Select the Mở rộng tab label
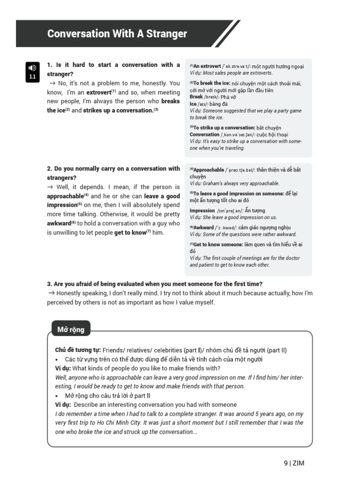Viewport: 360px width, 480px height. click(x=71, y=330)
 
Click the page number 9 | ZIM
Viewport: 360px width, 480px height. click(x=294, y=463)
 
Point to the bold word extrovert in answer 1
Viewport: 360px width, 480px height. click(x=98, y=92)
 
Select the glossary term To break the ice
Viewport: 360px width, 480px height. click(x=211, y=83)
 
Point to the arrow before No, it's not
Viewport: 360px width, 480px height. click(x=52, y=83)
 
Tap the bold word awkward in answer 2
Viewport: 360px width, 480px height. click(x=58, y=224)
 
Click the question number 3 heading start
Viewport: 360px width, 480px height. click(x=49, y=284)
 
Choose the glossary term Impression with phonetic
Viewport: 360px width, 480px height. click(x=202, y=210)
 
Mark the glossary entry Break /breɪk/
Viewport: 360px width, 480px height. click(x=196, y=97)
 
